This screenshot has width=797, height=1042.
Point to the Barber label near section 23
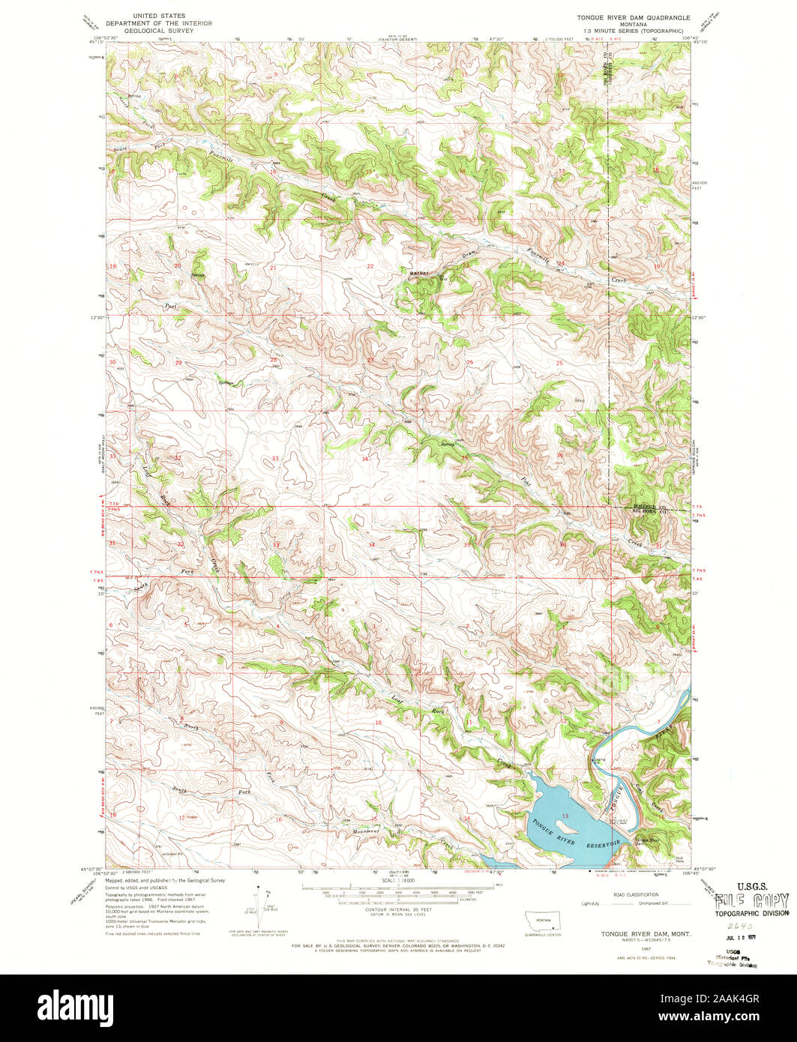(418, 273)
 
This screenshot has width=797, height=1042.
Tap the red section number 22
(370, 266)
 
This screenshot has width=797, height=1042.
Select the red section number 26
(470, 363)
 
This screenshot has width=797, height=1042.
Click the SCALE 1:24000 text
(398, 879)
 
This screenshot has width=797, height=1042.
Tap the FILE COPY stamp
(752, 900)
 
